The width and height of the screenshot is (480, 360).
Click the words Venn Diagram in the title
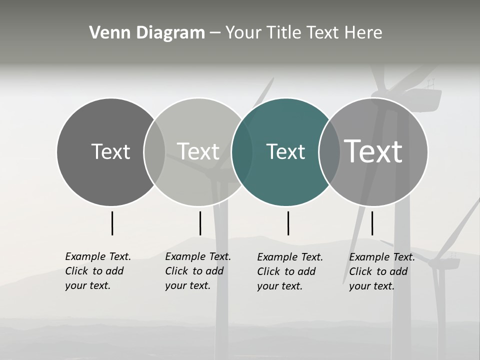point(147,33)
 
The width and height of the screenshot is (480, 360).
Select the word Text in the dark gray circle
point(110,151)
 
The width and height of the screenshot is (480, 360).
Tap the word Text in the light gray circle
point(198,151)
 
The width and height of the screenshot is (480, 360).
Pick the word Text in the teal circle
point(285,151)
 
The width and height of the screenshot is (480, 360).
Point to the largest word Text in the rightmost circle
point(373,151)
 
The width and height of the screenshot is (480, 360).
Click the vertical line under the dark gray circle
point(112,223)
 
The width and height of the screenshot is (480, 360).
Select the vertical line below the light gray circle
point(200,223)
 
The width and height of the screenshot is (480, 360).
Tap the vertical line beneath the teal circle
point(288,223)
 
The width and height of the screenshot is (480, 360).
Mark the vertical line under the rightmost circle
point(372,223)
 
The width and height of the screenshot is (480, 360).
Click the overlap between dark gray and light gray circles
point(154,151)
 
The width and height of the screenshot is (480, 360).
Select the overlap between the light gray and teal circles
point(242,151)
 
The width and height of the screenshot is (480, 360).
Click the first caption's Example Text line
point(98,256)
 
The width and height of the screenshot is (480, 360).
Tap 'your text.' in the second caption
point(187,285)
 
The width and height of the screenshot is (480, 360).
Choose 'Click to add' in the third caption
point(286,271)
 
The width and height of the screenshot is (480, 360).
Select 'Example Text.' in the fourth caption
point(382,257)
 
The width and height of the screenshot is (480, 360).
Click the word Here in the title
point(364,33)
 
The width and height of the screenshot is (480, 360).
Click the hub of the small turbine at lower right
point(440,261)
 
